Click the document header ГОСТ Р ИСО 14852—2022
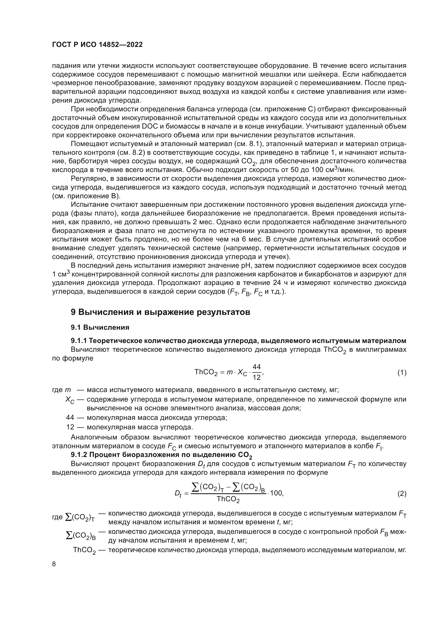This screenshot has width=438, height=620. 97,45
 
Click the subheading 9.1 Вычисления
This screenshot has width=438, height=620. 100,328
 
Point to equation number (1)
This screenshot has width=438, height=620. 402,373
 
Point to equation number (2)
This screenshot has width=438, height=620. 402,494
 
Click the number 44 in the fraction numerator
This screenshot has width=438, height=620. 257,367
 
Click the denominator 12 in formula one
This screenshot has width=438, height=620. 257,377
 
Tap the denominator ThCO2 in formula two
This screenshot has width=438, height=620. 228,500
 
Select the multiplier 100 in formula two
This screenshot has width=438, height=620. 276,493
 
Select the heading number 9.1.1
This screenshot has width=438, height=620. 79,341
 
